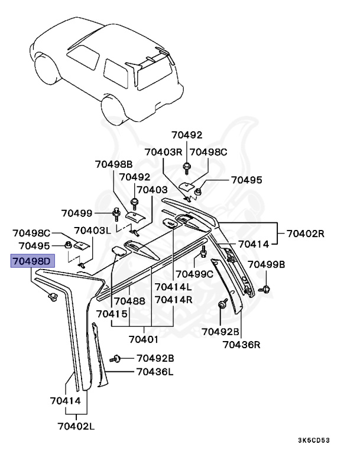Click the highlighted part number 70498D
click(x=33, y=261)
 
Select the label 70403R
click(x=164, y=152)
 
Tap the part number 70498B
click(x=113, y=164)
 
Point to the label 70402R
click(x=306, y=233)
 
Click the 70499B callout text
click(x=267, y=264)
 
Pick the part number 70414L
click(x=173, y=287)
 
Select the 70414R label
click(x=173, y=300)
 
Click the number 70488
click(x=129, y=301)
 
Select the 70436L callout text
click(x=155, y=372)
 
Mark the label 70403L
click(x=93, y=231)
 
